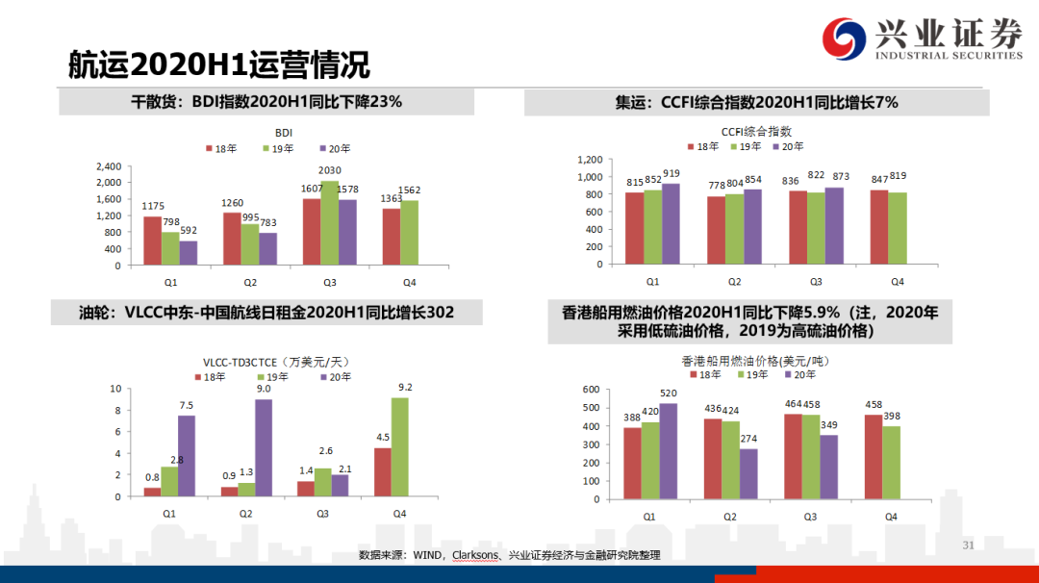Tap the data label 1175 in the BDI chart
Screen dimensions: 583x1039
(x=153, y=206)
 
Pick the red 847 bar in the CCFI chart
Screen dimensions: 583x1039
(x=879, y=227)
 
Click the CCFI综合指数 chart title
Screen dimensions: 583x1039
(x=756, y=131)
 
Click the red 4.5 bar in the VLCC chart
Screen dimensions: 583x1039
(x=382, y=472)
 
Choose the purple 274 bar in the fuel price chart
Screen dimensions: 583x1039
(x=748, y=475)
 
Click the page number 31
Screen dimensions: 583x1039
(x=969, y=545)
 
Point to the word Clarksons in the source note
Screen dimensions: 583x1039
(x=477, y=556)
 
